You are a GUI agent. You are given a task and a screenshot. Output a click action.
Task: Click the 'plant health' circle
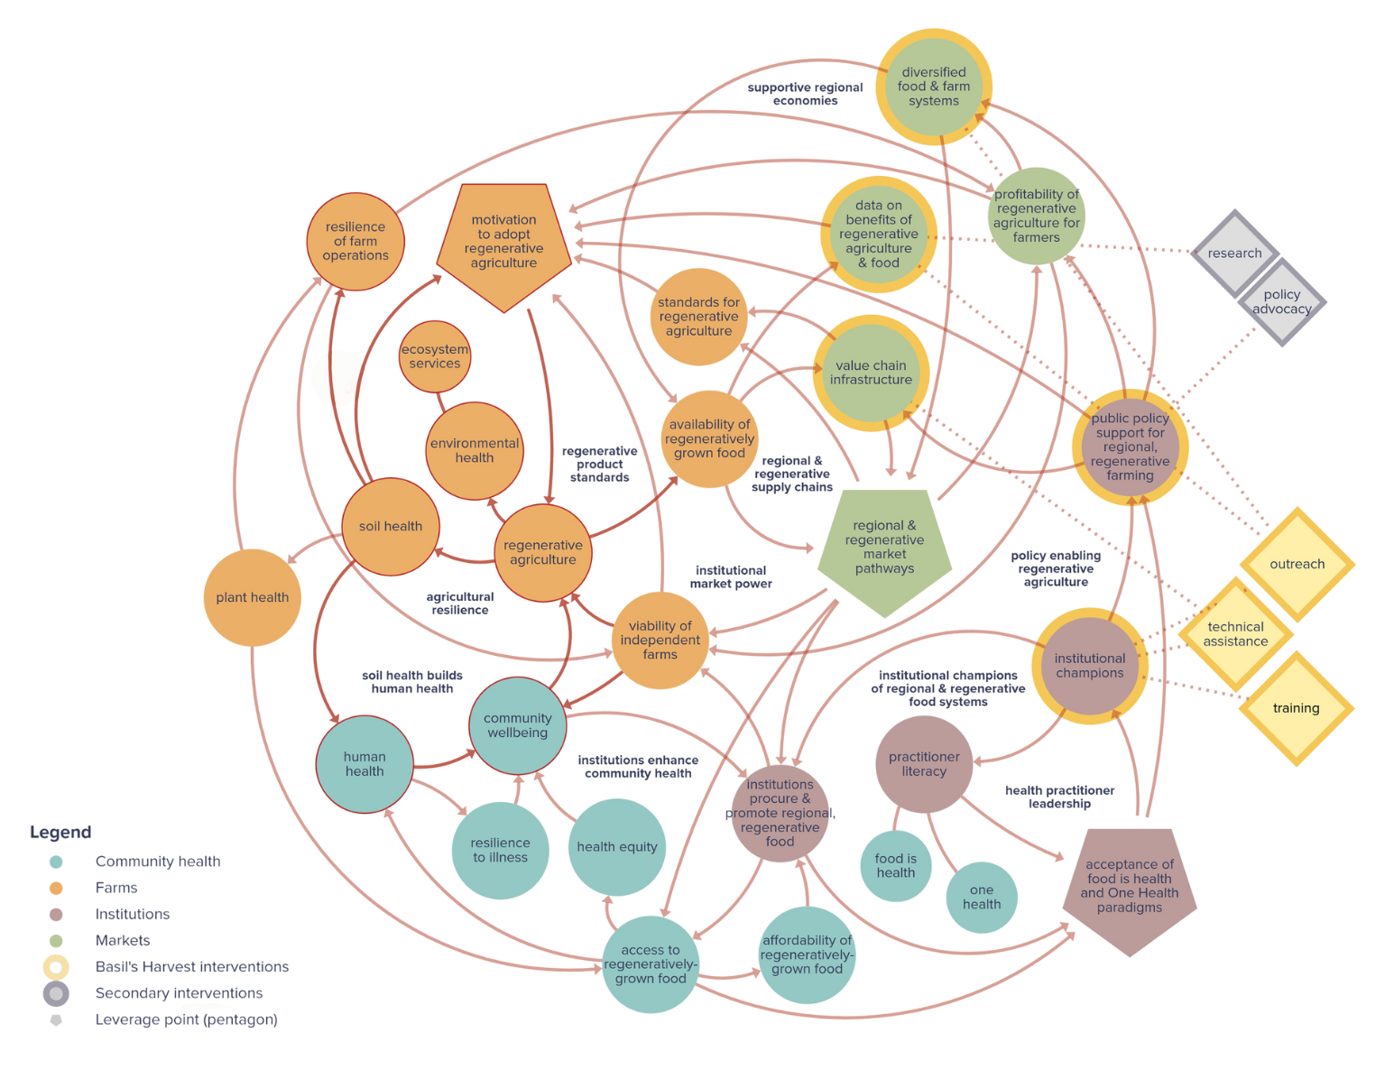click(252, 597)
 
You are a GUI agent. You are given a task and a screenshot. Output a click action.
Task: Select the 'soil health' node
click(391, 526)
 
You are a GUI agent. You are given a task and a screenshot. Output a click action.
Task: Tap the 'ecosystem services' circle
click(435, 356)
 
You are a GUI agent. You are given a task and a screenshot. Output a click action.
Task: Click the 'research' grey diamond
click(1234, 254)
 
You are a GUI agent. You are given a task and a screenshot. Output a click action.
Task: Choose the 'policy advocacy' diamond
click(1281, 302)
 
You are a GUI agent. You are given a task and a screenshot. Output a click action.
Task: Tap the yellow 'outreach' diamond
click(1297, 564)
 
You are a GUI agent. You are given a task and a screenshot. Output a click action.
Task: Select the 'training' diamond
click(1296, 708)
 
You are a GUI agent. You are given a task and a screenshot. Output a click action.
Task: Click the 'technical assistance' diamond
click(1235, 634)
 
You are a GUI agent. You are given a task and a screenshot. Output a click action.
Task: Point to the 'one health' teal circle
click(982, 897)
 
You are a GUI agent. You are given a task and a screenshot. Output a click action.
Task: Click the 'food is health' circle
click(895, 866)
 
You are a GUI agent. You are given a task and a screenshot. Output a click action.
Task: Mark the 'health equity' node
click(617, 846)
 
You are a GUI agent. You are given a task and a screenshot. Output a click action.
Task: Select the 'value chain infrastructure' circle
click(871, 373)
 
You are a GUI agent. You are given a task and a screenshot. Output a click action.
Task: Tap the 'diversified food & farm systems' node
click(934, 87)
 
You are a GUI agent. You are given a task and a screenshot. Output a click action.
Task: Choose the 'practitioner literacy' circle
click(924, 764)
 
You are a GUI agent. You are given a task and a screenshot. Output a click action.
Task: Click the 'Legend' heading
click(60, 832)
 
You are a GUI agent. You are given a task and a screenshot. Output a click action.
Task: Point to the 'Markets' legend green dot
click(56, 940)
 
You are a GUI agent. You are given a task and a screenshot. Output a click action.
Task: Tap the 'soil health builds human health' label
click(412, 682)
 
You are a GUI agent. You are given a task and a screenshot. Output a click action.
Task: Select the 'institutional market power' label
click(731, 577)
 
